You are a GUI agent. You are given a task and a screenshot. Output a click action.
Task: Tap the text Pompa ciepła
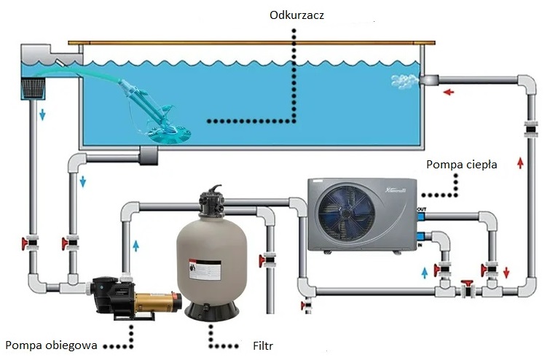(x=462, y=164)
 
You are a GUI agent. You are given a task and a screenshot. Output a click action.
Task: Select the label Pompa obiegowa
(x=51, y=344)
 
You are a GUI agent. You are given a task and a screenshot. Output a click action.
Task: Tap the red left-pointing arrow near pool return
(x=449, y=92)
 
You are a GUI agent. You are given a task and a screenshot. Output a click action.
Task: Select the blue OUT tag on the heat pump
(x=420, y=211)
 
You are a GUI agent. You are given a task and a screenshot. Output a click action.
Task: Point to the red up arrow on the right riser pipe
(x=519, y=163)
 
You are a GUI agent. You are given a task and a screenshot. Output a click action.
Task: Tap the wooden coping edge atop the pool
(x=251, y=42)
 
